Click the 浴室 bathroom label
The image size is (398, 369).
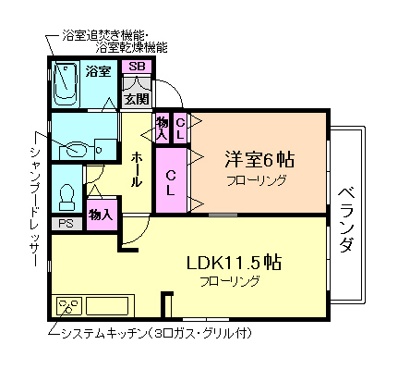tap(99, 70)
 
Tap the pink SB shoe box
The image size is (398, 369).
tap(137, 66)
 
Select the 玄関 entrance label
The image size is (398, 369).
tap(137, 99)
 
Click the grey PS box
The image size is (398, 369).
tap(66, 223)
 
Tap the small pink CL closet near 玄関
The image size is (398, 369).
tap(180, 128)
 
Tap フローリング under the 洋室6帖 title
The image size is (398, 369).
tap(255, 180)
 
